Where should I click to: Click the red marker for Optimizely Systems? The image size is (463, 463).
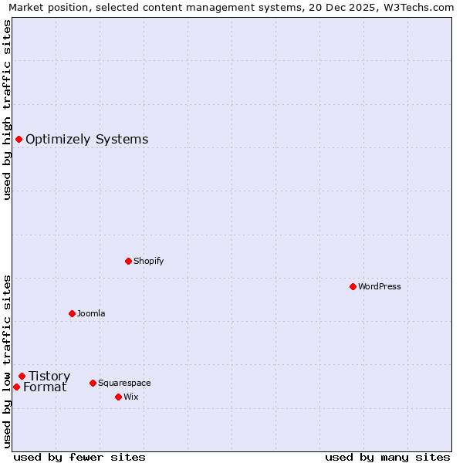[x=19, y=139]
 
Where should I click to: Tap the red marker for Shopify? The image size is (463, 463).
[x=128, y=261]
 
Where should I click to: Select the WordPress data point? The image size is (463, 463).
[x=353, y=286]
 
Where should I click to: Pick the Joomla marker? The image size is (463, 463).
[x=72, y=313]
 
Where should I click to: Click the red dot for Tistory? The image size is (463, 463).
[x=22, y=376]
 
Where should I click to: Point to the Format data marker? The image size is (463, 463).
[x=16, y=387]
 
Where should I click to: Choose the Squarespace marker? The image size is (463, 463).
[x=93, y=383]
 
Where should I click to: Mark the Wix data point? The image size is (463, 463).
[x=118, y=397]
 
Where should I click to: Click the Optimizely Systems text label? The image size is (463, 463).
[x=86, y=140]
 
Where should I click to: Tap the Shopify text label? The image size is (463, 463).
[x=148, y=261]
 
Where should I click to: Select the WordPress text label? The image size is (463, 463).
[x=379, y=286]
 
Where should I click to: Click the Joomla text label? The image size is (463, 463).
[x=90, y=313]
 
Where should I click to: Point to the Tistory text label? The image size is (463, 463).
[x=49, y=377]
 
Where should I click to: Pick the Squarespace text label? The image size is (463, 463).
[x=123, y=383]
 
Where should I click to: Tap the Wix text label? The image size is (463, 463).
[x=130, y=397]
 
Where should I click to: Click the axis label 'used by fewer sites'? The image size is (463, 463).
[x=79, y=457]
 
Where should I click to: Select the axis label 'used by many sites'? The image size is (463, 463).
[x=387, y=457]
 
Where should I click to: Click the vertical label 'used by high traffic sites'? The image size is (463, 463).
[x=8, y=110]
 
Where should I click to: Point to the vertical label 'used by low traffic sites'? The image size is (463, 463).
[x=8, y=360]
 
